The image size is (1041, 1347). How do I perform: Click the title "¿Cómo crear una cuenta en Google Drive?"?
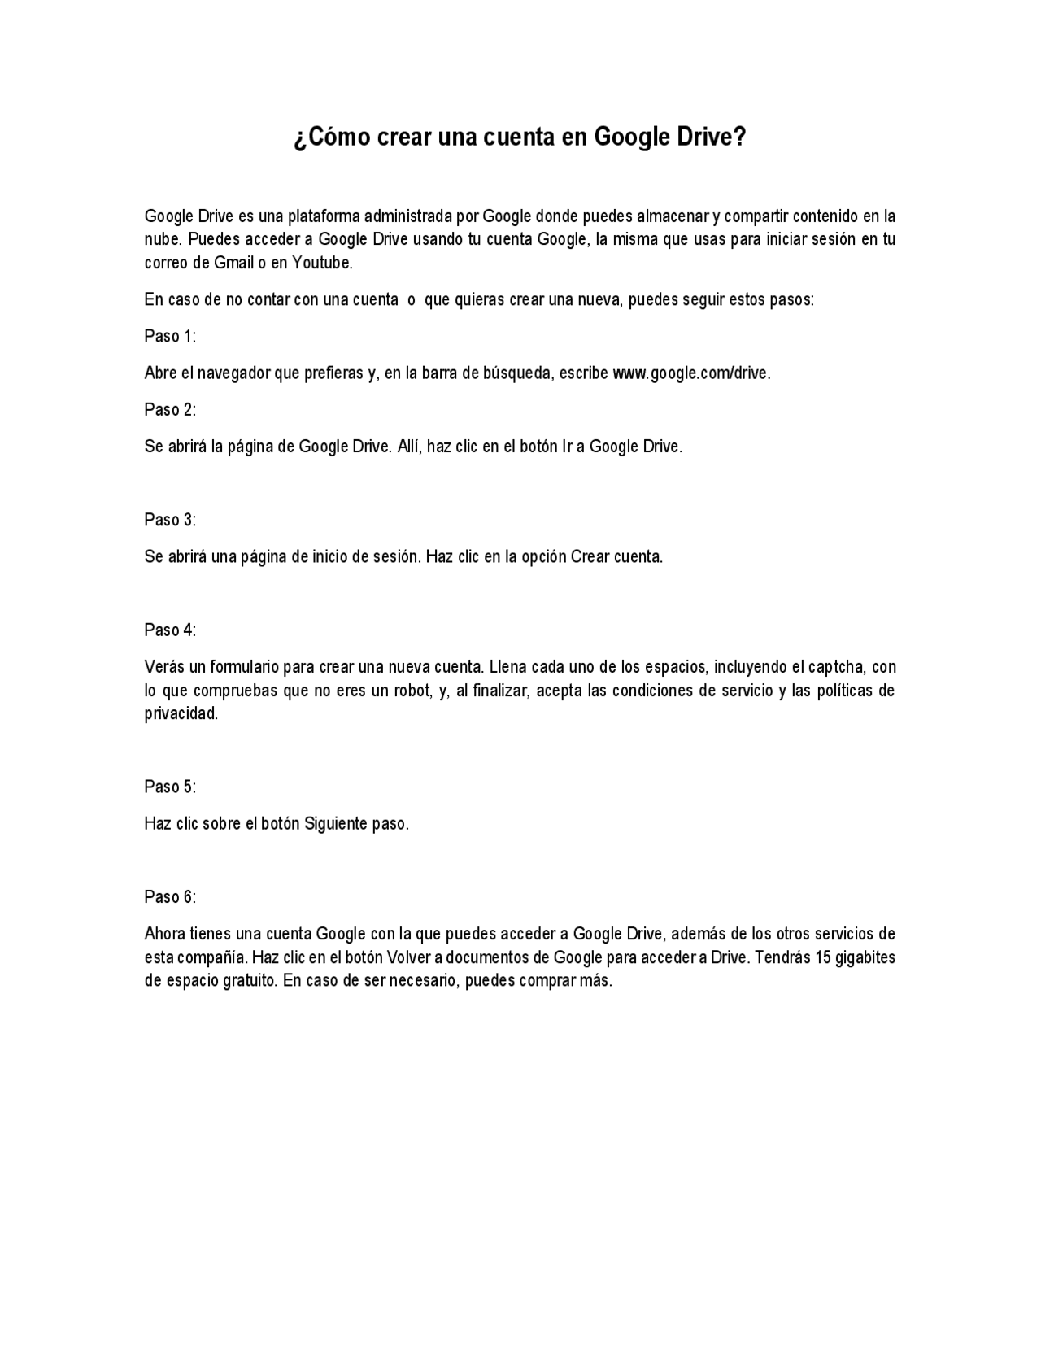point(520,137)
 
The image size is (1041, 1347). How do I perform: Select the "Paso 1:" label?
point(170,336)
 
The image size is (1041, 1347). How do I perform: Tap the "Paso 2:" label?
point(170,409)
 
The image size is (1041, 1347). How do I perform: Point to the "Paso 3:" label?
point(170,519)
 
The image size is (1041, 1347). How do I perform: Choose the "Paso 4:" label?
point(170,630)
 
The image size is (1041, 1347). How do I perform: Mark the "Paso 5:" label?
point(170,787)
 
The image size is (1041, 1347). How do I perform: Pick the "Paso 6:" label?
point(170,896)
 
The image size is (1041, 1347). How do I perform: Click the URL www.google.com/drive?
point(690,373)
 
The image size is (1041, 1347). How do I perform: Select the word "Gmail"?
point(233,263)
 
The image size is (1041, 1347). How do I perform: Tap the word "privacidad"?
point(181,713)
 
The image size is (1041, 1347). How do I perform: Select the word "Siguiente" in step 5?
point(336,823)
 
